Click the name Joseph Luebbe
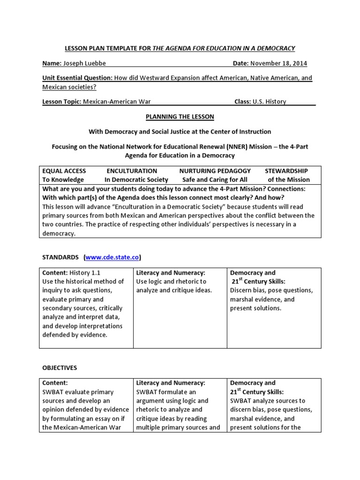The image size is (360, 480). (81, 63)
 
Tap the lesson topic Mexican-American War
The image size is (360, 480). (117, 101)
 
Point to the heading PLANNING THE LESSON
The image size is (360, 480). (180, 116)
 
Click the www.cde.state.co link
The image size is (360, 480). (112, 257)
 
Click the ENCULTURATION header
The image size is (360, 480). (132, 171)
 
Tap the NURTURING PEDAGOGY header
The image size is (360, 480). (215, 171)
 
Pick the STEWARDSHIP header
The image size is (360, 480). (286, 171)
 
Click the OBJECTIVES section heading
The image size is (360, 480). (60, 368)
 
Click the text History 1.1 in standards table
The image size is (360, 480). (85, 272)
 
